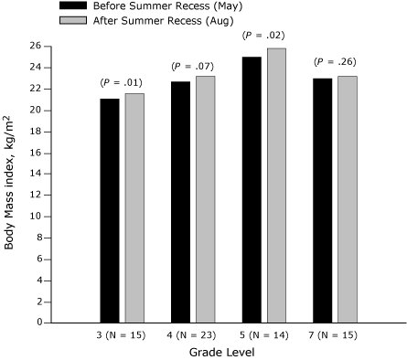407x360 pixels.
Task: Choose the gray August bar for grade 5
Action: [275, 185]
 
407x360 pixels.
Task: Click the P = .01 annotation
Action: [122, 83]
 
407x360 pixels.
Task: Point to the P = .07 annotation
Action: [192, 67]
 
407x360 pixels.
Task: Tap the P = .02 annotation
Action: [262, 36]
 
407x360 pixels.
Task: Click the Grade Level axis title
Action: [228, 353]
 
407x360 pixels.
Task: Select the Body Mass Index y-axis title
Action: [10, 184]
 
